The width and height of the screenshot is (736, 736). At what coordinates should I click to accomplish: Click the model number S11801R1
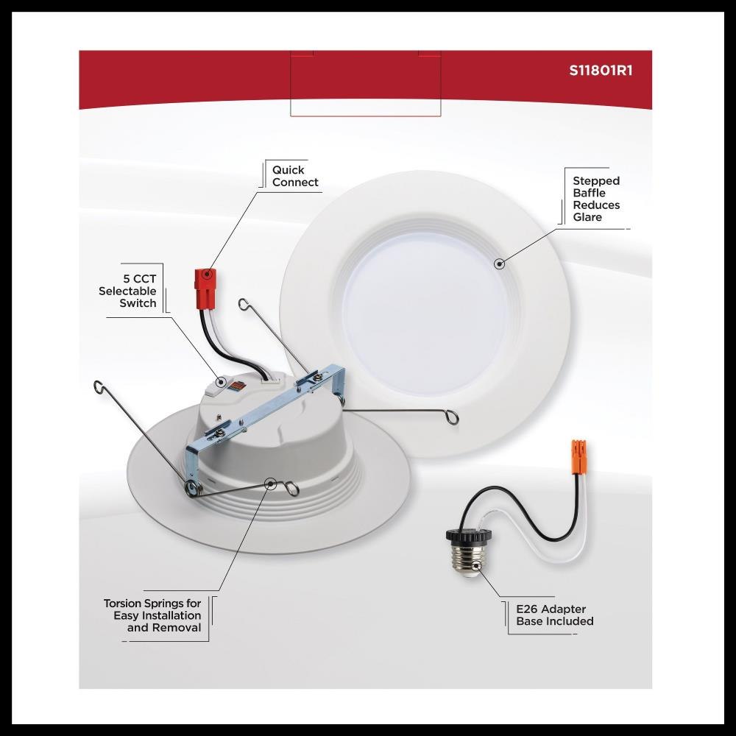(x=601, y=71)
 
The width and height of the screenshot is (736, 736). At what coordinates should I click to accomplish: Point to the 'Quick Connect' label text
(x=295, y=176)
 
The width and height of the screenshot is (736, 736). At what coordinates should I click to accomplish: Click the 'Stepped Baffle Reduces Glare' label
(x=596, y=199)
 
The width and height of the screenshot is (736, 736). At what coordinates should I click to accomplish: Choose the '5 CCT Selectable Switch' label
(x=127, y=291)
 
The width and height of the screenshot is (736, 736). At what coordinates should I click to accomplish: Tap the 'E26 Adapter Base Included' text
(x=555, y=615)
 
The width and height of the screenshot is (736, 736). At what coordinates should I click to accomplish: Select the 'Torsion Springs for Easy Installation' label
(x=152, y=615)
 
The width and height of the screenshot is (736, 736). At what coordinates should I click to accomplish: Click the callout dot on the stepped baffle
(x=500, y=263)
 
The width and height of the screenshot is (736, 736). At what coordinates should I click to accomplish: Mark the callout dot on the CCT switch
(x=221, y=381)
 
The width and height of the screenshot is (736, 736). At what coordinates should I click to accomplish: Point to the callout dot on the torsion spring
(x=270, y=484)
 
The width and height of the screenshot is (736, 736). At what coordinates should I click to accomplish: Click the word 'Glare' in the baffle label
(x=587, y=217)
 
